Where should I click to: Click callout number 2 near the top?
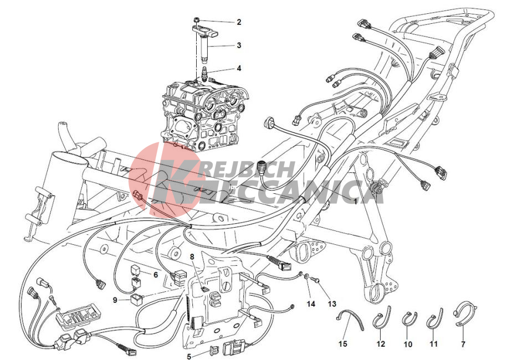[x=239, y=22]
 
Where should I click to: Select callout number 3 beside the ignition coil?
[x=239, y=45]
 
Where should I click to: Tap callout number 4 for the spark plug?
[x=239, y=69]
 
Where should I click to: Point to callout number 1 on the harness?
[x=356, y=202]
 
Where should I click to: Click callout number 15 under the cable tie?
[x=343, y=344]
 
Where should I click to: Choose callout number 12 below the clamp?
[x=381, y=344]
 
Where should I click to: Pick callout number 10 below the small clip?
[x=408, y=344]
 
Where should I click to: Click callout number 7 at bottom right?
[x=463, y=344]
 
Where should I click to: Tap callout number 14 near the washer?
[x=311, y=304]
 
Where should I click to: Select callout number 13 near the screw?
[x=332, y=304]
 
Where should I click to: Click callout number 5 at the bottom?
[x=189, y=356]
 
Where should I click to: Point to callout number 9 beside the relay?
[x=115, y=299]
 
